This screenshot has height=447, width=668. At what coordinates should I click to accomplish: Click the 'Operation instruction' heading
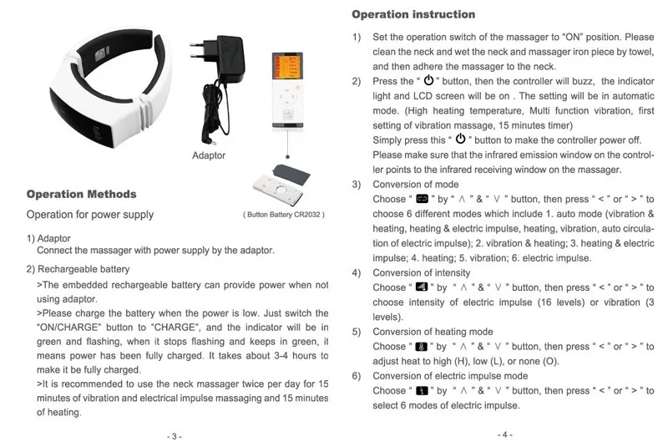[x=413, y=14]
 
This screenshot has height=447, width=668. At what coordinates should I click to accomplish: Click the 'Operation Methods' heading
[x=81, y=194]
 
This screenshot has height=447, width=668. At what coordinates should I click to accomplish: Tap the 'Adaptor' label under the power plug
[x=209, y=155]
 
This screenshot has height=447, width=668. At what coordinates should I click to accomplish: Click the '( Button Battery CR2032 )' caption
[x=283, y=215]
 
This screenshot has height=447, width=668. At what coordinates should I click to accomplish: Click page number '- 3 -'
[x=174, y=436]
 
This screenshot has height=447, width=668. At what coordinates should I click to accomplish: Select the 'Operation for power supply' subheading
[x=90, y=215]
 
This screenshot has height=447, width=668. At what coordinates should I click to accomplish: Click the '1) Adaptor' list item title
[x=48, y=238]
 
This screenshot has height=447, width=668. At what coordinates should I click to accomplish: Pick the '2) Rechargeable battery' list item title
[x=78, y=269]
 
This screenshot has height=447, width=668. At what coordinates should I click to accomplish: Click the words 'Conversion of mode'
[x=415, y=185]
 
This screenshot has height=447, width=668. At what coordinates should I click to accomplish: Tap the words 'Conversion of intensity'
[x=422, y=273]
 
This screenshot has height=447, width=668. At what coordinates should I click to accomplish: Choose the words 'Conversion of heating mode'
[x=433, y=332]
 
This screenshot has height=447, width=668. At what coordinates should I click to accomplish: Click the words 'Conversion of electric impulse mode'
[x=450, y=376]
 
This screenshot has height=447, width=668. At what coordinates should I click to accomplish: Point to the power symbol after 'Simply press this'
[x=459, y=139]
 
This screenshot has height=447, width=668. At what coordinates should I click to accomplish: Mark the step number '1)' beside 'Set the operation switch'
[x=357, y=38]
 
